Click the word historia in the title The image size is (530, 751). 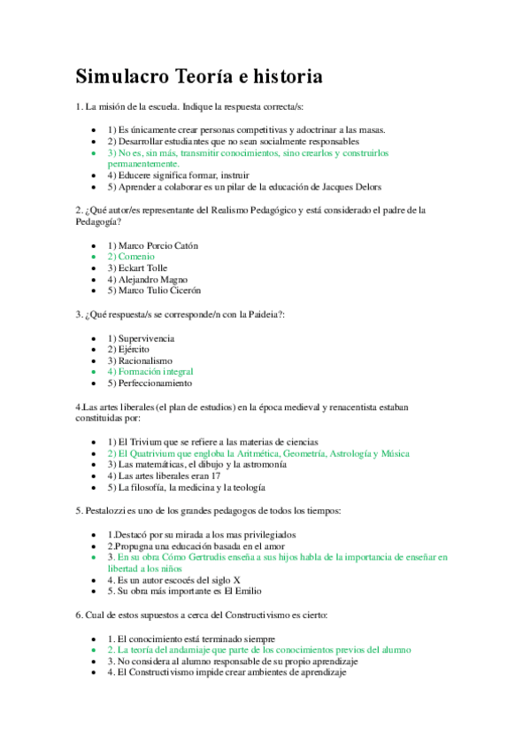coord(281,77)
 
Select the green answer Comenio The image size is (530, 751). coord(130,256)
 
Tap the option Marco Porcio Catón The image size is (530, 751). coord(152,244)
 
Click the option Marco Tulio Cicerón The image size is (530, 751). coord(154,290)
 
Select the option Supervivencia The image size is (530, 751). coord(141,338)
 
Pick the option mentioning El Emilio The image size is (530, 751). coord(184,591)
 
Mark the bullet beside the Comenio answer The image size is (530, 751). coord(95,256)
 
